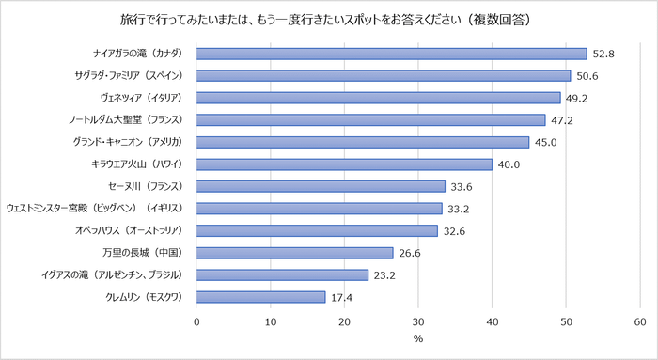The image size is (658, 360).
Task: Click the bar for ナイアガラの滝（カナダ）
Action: tap(391, 54)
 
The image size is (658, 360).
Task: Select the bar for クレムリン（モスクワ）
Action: tap(260, 297)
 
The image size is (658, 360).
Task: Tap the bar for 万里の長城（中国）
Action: tap(294, 253)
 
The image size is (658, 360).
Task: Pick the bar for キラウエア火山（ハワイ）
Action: tap(344, 164)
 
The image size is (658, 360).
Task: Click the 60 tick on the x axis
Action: tap(640, 321)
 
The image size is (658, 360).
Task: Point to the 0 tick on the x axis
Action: tap(197, 321)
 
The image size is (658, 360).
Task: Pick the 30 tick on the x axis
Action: tap(418, 321)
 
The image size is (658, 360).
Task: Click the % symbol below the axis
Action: tap(418, 339)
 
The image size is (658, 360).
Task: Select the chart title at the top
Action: tap(329, 19)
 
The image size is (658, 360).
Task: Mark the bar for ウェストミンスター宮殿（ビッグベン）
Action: tap(320, 209)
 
